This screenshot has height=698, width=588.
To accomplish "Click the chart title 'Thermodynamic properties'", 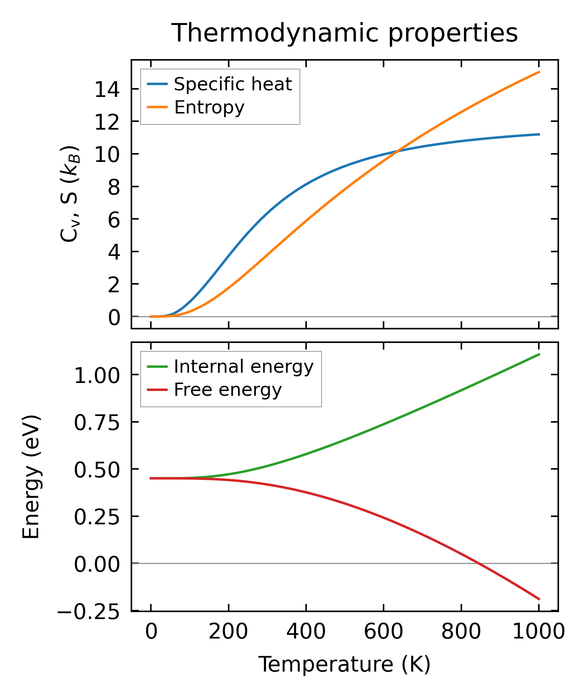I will (345, 33).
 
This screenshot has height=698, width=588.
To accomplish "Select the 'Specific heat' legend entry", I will (233, 84).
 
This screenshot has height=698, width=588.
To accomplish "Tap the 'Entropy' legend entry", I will (209, 108).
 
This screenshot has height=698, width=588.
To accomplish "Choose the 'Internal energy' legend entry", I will (244, 367).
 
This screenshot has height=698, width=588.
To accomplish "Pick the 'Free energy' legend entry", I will (228, 390).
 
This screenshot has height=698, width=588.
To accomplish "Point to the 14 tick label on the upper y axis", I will (107, 90).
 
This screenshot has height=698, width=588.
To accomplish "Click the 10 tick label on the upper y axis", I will (107, 155).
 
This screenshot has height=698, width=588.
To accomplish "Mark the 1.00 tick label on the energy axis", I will (97, 376).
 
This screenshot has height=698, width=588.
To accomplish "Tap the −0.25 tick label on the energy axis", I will (88, 611).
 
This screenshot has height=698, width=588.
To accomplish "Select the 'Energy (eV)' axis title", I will (31, 477).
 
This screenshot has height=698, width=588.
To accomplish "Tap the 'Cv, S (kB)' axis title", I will (70, 194).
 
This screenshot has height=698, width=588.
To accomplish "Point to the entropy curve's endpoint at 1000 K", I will (539, 72).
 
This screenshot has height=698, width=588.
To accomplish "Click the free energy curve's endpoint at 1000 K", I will (539, 599).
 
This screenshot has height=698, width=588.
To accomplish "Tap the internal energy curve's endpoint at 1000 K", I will (539, 354).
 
